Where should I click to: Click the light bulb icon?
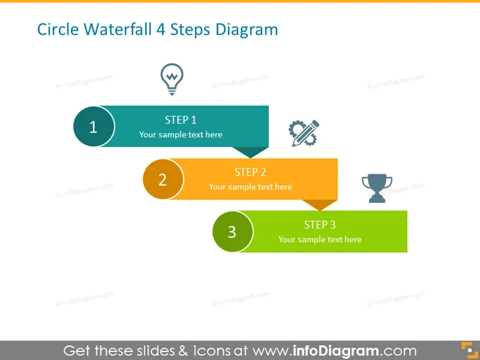tap(172, 79)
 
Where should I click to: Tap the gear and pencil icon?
tap(304, 133)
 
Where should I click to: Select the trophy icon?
tap(377, 188)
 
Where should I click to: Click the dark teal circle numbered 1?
tap(94, 126)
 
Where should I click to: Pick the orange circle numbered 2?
tap(163, 179)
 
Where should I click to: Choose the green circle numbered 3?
tap(233, 232)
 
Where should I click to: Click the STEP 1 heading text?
tap(181, 120)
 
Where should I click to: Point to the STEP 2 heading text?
tap(251, 172)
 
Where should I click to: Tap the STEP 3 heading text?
tap(320, 225)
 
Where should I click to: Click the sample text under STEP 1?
tap(181, 134)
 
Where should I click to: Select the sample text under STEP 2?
tap(251, 187)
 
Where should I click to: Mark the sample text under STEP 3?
tap(320, 240)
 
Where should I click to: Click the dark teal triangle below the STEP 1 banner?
tap(251, 151)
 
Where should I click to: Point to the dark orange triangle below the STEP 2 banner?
tap(320, 204)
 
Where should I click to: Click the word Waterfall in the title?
tap(118, 29)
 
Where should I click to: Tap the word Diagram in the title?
tap(247, 31)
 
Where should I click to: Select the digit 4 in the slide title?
tap(160, 30)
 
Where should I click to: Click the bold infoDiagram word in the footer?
tap(336, 351)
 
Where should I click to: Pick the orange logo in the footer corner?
tap(469, 350)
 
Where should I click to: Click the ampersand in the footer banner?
tap(183, 351)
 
